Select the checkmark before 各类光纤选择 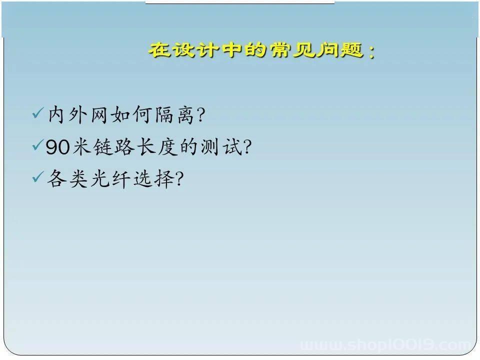[x=38, y=176]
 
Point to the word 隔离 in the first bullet [x=175, y=115]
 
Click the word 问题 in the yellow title [x=339, y=49]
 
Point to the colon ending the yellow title [x=371, y=51]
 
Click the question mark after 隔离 [x=201, y=115]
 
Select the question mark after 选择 [x=179, y=179]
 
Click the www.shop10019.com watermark [x=385, y=345]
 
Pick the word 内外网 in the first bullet [x=78, y=115]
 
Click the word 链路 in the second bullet [x=114, y=146]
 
